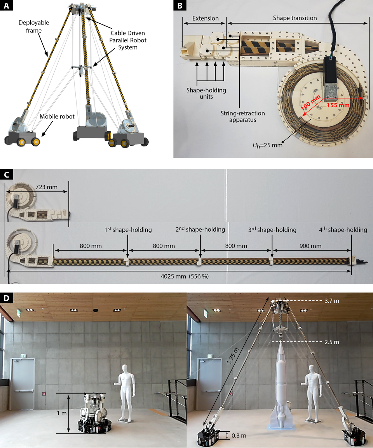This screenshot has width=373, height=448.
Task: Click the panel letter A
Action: pyautogui.click(x=6, y=5)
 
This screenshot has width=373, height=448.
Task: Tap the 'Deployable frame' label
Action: pyautogui.click(x=34, y=26)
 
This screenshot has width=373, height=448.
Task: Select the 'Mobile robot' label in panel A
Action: pyautogui.click(x=57, y=116)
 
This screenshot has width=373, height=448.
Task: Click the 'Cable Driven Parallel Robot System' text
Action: pyautogui.click(x=128, y=40)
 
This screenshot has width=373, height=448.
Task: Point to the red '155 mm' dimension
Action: pyautogui.click(x=338, y=105)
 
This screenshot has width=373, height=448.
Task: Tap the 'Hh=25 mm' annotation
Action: pyautogui.click(x=267, y=145)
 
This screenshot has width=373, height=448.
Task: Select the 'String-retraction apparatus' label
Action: pyautogui.click(x=242, y=116)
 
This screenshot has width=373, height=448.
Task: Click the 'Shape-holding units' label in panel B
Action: pyautogui.click(x=206, y=93)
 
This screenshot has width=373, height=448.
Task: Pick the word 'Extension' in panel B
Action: pyautogui.click(x=206, y=18)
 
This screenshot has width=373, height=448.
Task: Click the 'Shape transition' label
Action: pyautogui.click(x=295, y=18)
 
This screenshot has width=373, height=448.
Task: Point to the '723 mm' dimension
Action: pyautogui.click(x=46, y=187)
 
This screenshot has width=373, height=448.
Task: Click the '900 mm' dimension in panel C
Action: pyautogui.click(x=310, y=246)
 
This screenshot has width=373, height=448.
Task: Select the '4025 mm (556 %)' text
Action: pyautogui.click(x=185, y=276)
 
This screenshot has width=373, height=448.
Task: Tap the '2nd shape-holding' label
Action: pyautogui.click(x=200, y=229)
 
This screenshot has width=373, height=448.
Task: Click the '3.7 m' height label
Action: pyautogui.click(x=332, y=301)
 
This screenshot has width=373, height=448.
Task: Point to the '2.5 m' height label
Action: pyautogui.click(x=332, y=342)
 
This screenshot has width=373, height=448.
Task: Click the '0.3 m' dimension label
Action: pyautogui.click(x=239, y=436)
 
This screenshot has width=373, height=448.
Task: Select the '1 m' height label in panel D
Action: pyautogui.click(x=62, y=413)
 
